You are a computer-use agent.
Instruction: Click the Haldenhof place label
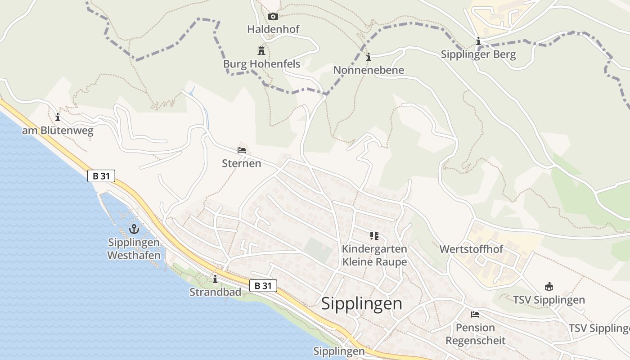[x=273, y=29]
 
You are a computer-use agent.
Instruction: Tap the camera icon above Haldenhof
[x=273, y=17]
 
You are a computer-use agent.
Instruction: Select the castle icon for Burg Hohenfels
[x=261, y=50]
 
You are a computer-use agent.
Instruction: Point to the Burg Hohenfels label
[x=261, y=64]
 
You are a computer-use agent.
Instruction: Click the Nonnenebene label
[x=369, y=70]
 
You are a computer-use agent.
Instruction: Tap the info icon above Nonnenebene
[x=369, y=57]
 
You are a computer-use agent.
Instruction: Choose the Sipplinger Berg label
[x=478, y=55]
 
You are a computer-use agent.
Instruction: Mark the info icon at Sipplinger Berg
[x=478, y=42]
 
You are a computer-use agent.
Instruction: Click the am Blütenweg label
[x=58, y=131]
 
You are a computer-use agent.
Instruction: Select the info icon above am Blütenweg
[x=58, y=118]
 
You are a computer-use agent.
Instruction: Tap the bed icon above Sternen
[x=242, y=150]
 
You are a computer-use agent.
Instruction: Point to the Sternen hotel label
[x=242, y=163]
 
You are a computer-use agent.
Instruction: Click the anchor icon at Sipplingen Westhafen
[x=134, y=229]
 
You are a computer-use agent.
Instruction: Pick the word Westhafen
[x=134, y=256]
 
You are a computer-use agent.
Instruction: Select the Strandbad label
[x=215, y=292]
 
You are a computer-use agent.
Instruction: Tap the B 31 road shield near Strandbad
[x=263, y=285]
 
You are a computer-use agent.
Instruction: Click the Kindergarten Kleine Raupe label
[x=374, y=255]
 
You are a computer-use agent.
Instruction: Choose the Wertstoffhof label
[x=471, y=249]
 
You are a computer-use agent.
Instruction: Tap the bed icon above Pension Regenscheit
[x=475, y=315]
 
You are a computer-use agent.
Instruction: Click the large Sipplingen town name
[x=362, y=304]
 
